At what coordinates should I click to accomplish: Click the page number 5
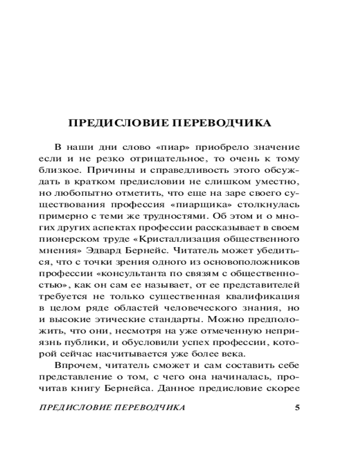coord(296,408)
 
